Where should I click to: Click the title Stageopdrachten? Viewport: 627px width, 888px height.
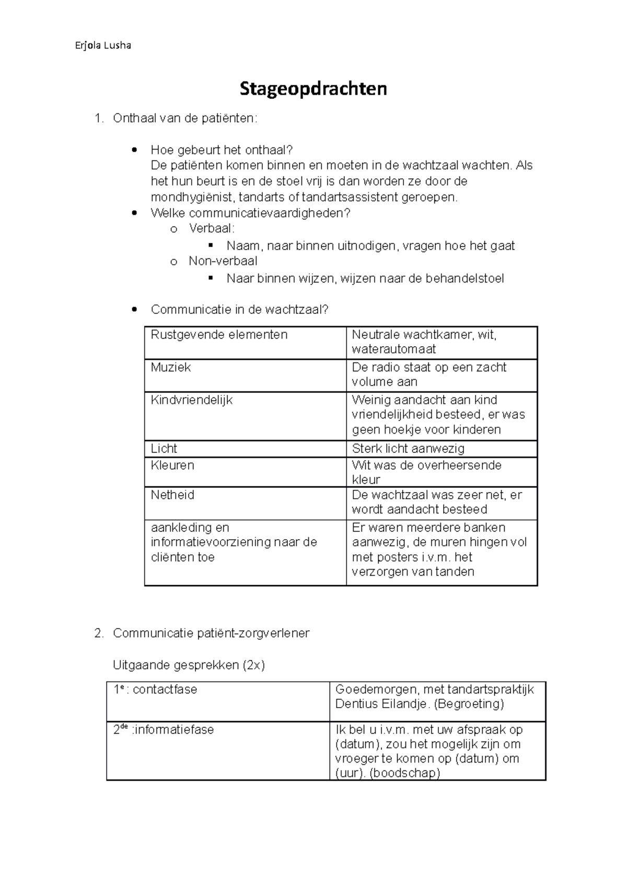click(313, 89)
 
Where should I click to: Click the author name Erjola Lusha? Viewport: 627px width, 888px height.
click(103, 45)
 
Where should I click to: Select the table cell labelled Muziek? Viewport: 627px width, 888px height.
click(171, 368)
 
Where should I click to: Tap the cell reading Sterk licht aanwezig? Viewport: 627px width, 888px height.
click(408, 449)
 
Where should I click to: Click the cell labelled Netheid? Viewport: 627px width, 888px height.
click(172, 495)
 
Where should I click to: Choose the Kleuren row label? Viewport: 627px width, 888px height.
click(172, 465)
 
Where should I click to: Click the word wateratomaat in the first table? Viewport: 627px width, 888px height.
click(393, 349)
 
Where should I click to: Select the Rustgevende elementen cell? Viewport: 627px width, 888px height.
click(219, 335)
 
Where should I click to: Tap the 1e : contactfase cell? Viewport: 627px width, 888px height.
click(156, 690)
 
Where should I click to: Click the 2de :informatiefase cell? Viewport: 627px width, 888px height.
click(164, 730)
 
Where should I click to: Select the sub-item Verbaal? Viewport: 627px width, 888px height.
click(212, 229)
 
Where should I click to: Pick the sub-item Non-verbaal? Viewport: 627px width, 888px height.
click(223, 261)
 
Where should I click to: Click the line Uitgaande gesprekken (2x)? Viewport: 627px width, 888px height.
click(189, 665)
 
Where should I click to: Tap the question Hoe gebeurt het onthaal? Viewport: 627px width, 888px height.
click(222, 150)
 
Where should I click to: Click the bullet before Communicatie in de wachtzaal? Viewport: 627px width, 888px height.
click(135, 310)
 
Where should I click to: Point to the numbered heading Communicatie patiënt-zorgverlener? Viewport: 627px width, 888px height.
click(211, 633)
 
